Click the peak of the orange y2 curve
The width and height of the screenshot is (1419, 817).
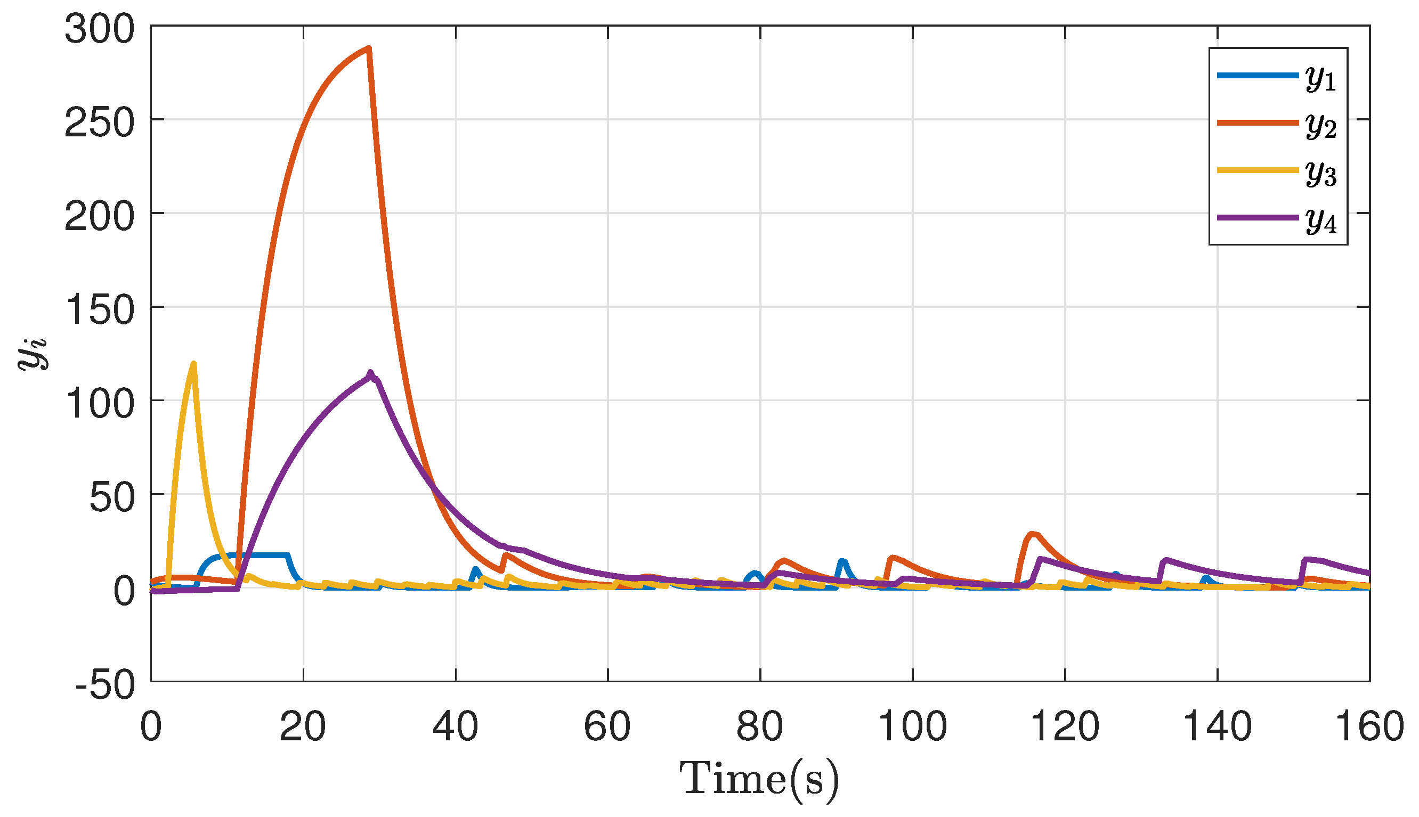click(368, 49)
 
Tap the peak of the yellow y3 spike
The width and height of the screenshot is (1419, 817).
click(193, 364)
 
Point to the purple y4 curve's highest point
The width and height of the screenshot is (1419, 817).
click(370, 373)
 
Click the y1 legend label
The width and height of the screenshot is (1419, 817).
click(1321, 78)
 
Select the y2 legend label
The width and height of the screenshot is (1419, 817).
click(1321, 125)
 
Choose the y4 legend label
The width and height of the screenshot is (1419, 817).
click(1321, 220)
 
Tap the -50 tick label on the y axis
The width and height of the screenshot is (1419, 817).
click(106, 685)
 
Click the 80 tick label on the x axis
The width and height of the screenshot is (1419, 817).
click(759, 726)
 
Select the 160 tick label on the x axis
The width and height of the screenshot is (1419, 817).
click(1368, 726)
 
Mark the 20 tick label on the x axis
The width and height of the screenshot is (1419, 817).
click(303, 726)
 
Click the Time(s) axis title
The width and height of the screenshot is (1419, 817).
click(759, 779)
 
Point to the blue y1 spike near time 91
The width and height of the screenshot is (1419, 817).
click(842, 562)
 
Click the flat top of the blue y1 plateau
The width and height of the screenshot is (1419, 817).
click(258, 555)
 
